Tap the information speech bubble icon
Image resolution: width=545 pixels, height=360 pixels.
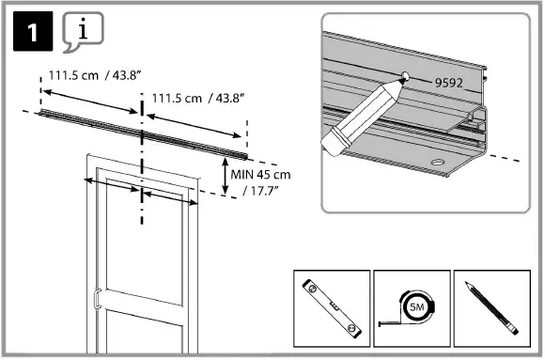click(82, 33)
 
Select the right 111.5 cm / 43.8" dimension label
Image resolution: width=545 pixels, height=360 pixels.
click(192, 97)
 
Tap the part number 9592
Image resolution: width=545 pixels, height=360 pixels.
click(451, 83)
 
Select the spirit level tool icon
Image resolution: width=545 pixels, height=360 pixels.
click(328, 306)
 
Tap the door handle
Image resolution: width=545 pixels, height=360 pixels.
click(96, 302)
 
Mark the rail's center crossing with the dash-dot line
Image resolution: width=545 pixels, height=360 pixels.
click(142, 129)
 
